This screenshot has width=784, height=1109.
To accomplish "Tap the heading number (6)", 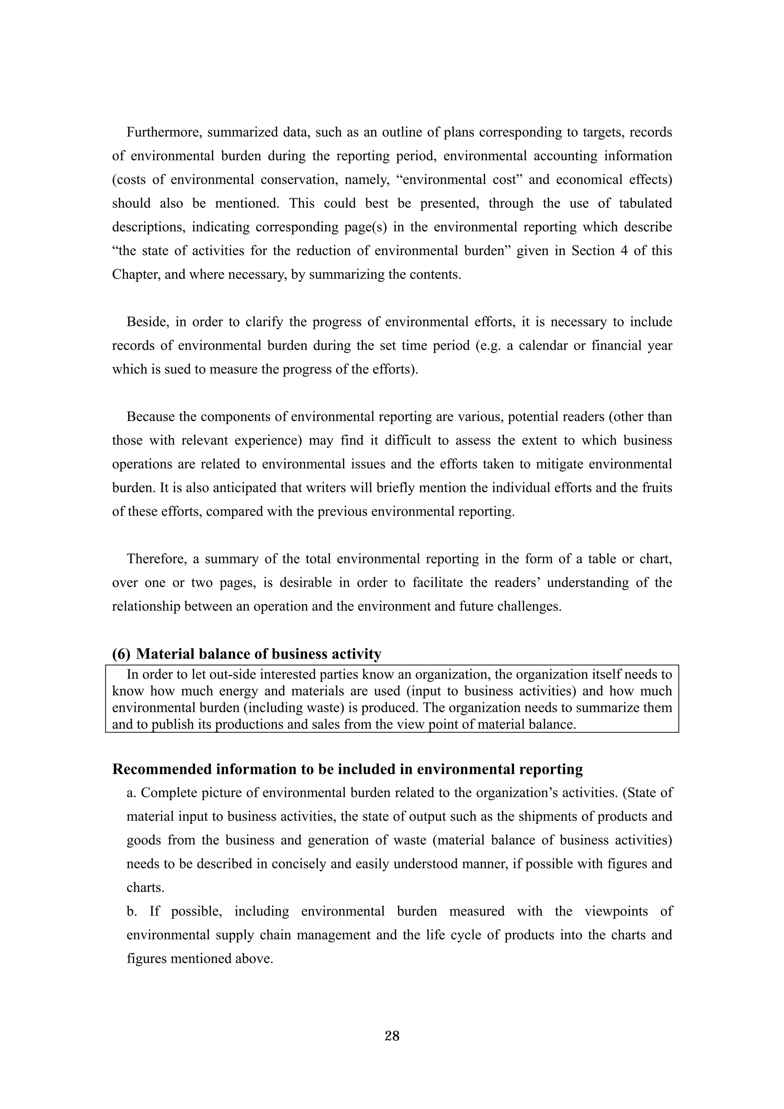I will pyautogui.click(x=121, y=654).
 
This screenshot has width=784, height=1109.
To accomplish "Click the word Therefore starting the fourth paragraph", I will pyautogui.click(x=157, y=559).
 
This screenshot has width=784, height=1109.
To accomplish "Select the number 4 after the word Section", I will pyautogui.click(x=622, y=251).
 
